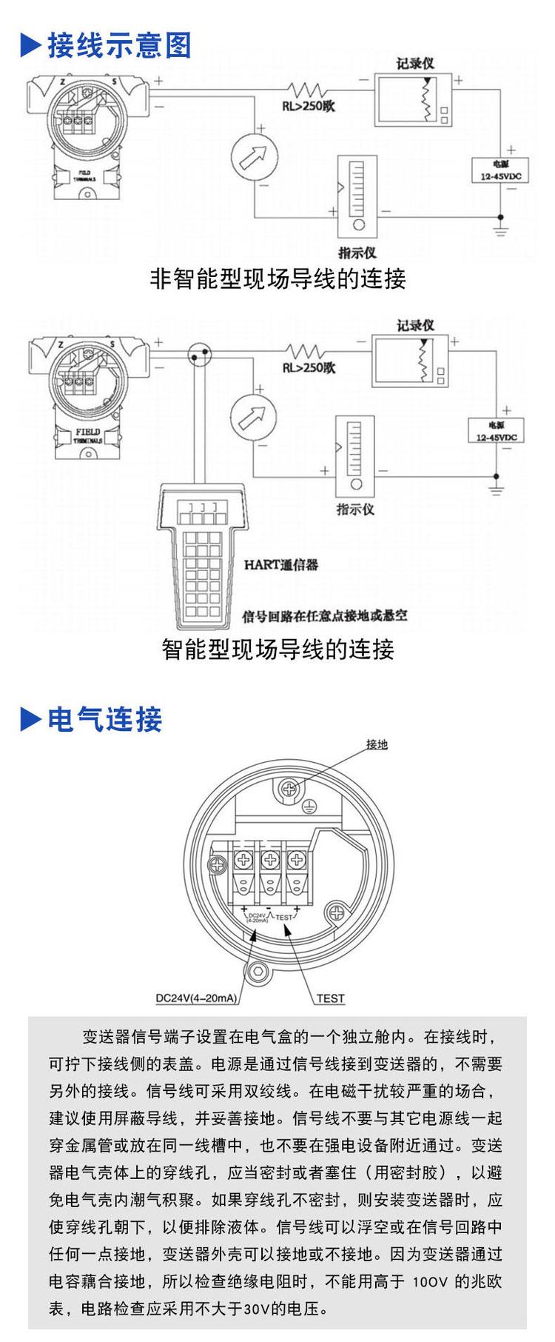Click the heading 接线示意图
point(119,46)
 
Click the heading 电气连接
point(104,719)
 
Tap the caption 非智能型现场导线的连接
point(277,279)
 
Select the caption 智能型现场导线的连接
point(277,650)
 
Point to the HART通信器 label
point(280,564)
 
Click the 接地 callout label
point(377,744)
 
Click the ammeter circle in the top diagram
point(254,156)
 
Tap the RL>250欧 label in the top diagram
point(309,105)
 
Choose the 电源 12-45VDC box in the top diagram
point(500,170)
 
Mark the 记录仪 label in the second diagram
point(415,325)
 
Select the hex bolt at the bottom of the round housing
point(258,972)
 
